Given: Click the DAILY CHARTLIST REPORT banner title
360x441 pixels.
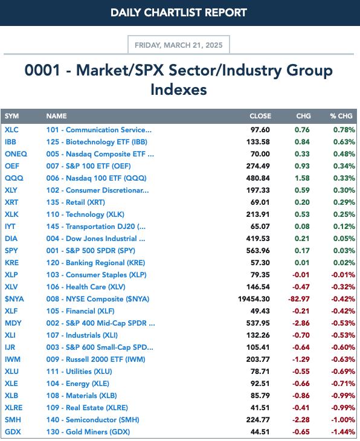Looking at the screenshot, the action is click(179, 13).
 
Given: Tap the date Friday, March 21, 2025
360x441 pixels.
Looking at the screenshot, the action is click(179, 45).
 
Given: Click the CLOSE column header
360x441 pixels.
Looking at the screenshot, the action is click(260, 116).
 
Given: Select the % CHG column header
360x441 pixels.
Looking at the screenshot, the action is click(341, 116).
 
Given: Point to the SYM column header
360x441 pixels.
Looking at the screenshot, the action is click(12, 116).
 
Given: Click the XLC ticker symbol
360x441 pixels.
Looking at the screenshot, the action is click(11, 130).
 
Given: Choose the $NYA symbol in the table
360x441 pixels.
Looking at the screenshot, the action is click(14, 299).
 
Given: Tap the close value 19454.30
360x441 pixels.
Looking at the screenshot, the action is click(254, 299).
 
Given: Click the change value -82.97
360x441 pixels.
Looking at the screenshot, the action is click(298, 299).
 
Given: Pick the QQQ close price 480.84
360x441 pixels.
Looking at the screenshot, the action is click(258, 178).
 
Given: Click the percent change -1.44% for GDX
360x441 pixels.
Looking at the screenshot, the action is click(343, 432).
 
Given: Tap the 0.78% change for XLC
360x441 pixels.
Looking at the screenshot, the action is click(344, 130).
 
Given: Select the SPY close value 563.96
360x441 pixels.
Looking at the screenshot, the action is click(258, 251).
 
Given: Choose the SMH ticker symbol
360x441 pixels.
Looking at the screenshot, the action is click(13, 420).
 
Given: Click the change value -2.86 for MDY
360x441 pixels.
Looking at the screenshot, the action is click(301, 323).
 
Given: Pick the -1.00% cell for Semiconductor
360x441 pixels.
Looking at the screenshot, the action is click(343, 420).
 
